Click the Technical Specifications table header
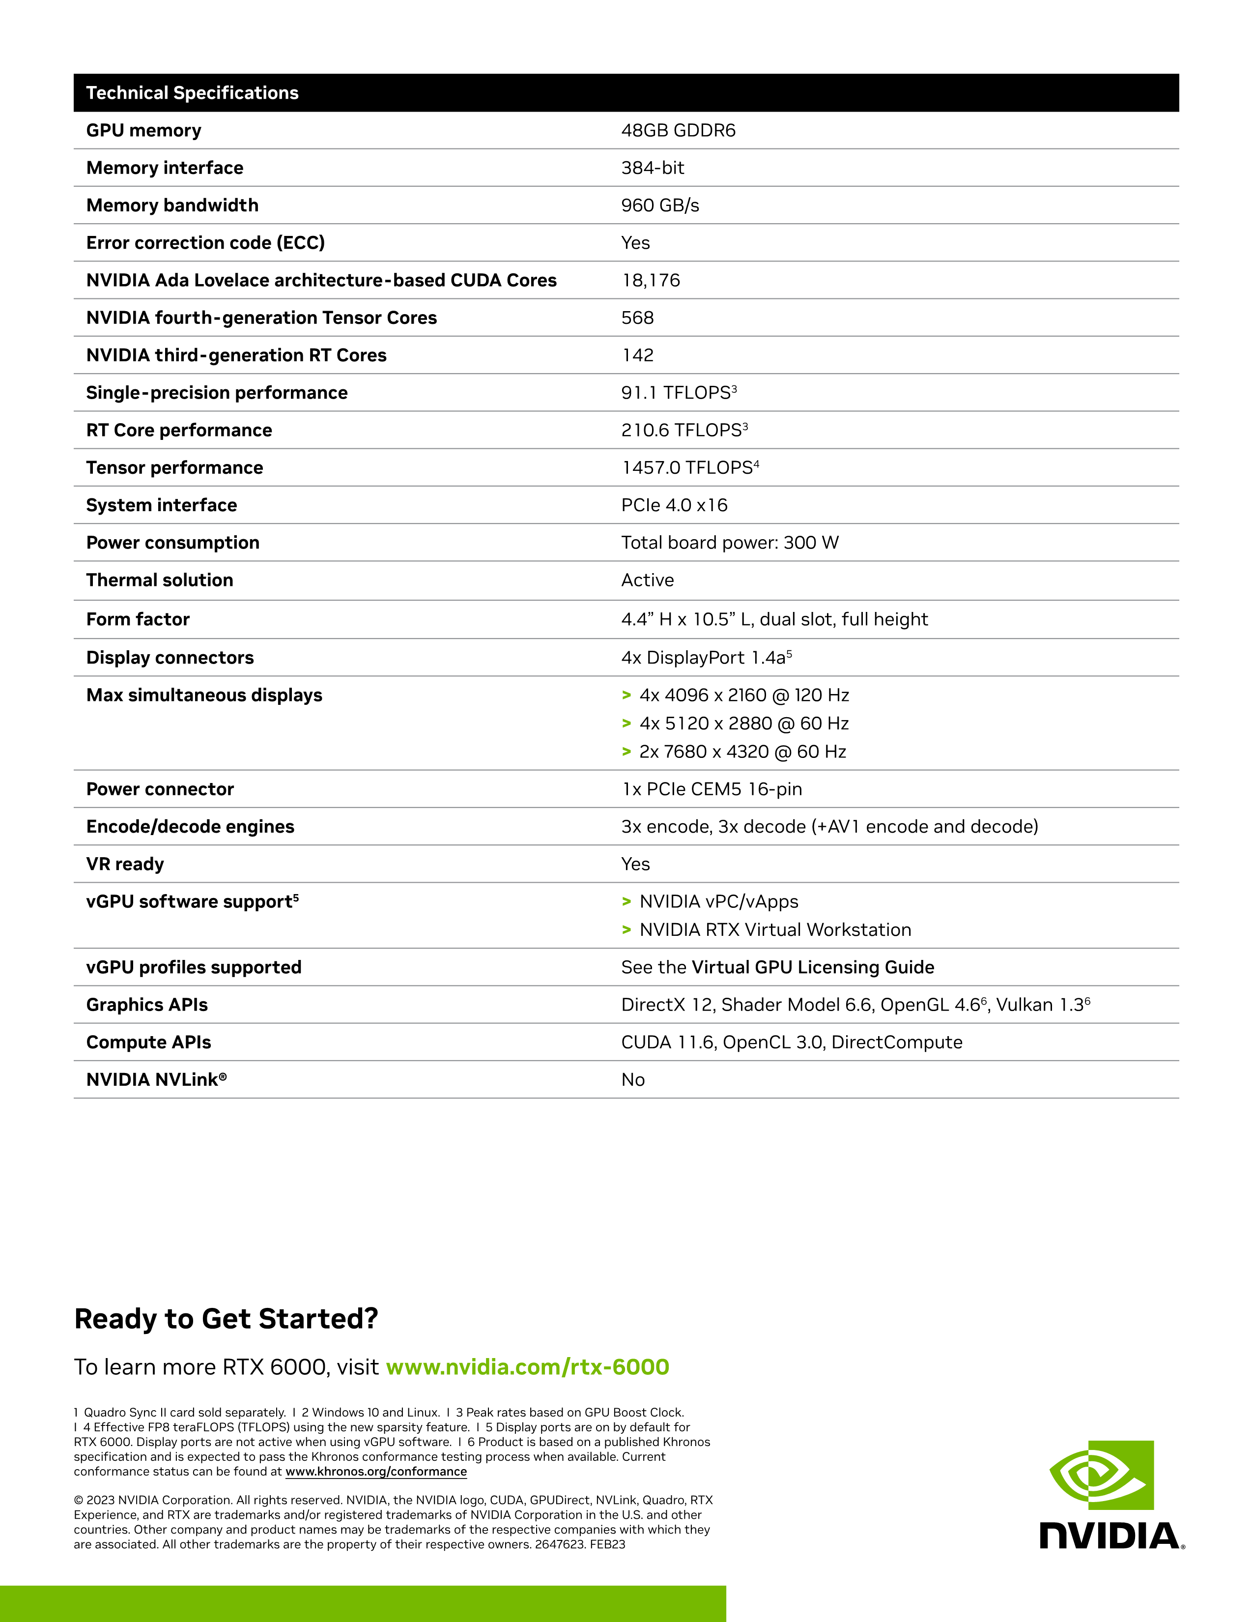pyautogui.click(x=192, y=93)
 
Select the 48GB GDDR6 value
pyautogui.click(x=678, y=131)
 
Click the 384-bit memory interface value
pyautogui.click(x=653, y=168)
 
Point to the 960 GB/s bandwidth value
pyautogui.click(x=660, y=206)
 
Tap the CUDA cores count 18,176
pyautogui.click(x=650, y=281)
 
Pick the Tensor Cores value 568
pyautogui.click(x=637, y=318)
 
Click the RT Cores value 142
pyautogui.click(x=637, y=356)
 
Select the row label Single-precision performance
pyautogui.click(x=217, y=393)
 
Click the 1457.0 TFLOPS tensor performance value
pyautogui.click(x=689, y=468)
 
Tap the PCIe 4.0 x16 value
pyautogui.click(x=674, y=506)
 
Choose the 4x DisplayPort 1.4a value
pyautogui.click(x=706, y=658)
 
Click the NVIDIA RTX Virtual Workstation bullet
pyautogui.click(x=775, y=930)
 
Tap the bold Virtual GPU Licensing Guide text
pyautogui.click(x=813, y=968)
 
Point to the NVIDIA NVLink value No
pyautogui.click(x=632, y=1080)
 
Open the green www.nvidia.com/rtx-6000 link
pyautogui.click(x=528, y=1367)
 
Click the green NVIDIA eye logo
pyautogui.click(x=1101, y=1475)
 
